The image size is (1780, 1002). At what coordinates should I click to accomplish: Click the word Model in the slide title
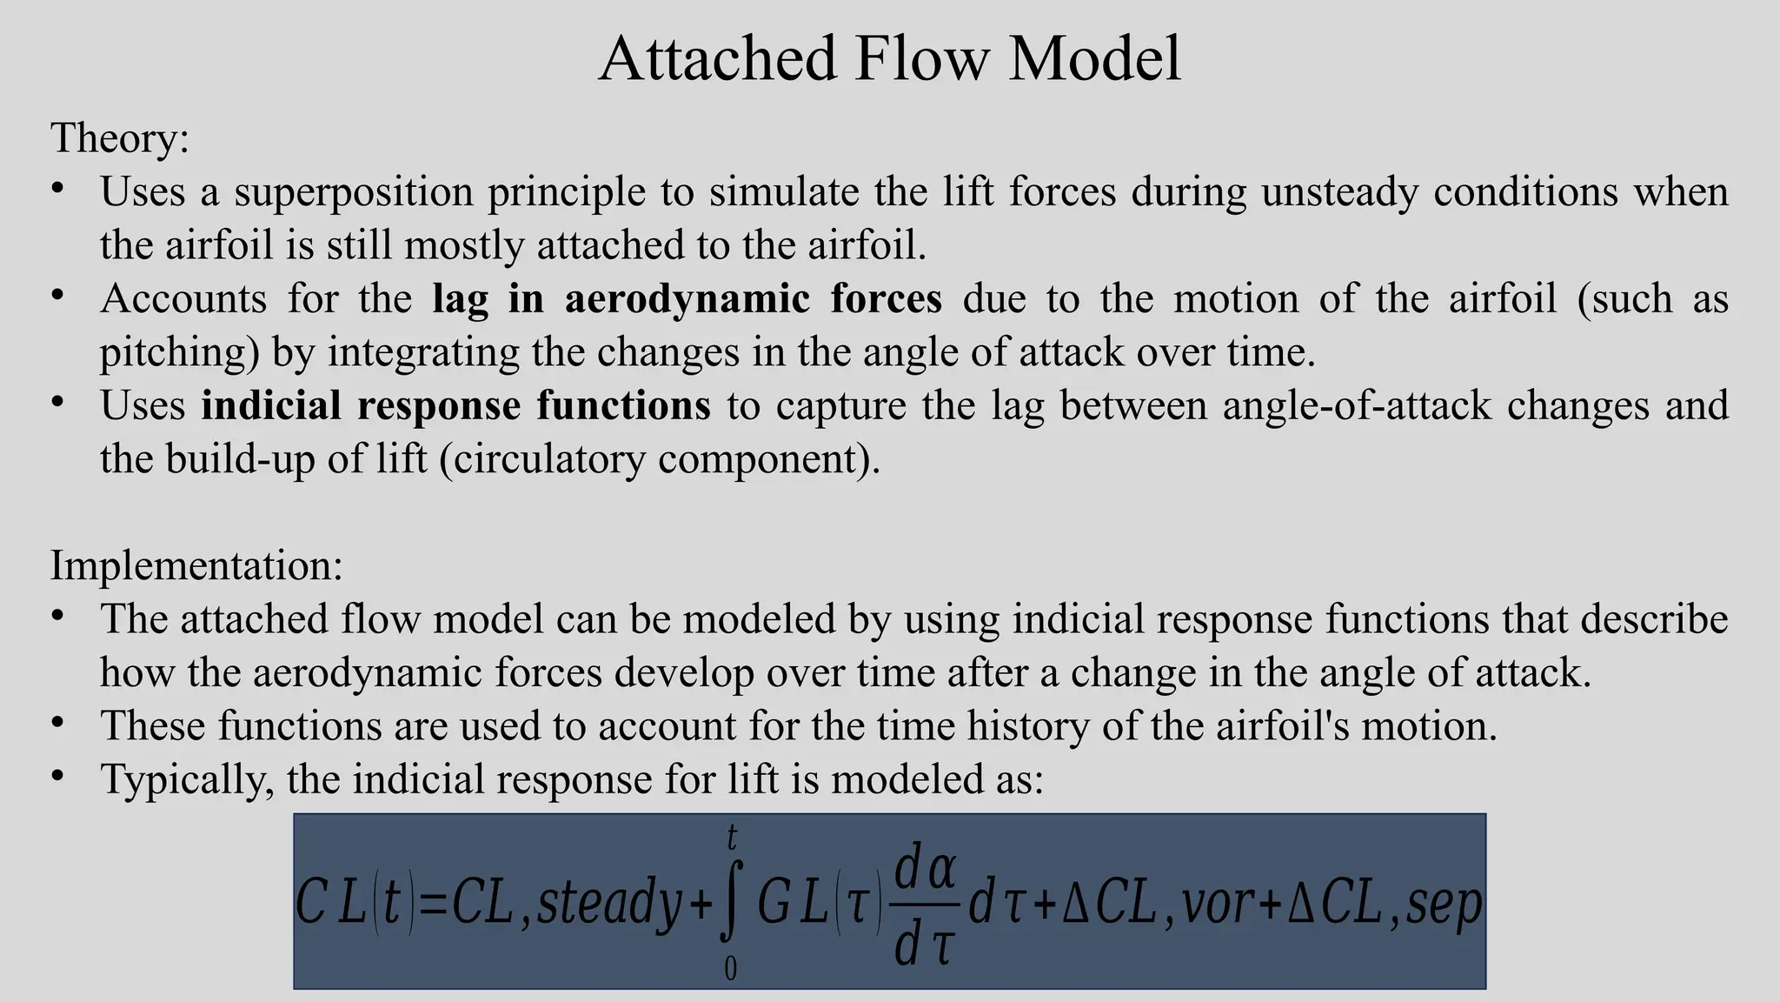pos(1094,58)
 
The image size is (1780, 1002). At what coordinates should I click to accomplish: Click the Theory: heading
pos(120,138)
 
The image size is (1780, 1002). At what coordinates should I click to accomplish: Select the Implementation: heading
pos(196,565)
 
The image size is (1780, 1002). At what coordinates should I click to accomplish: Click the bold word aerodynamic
pos(687,298)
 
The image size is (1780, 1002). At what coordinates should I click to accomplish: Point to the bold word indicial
pos(270,405)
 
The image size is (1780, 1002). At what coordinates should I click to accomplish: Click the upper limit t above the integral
pos(732,838)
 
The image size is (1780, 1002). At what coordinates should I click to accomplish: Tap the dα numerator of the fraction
pos(926,870)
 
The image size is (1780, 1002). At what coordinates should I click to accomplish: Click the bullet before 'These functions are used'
pos(57,723)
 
